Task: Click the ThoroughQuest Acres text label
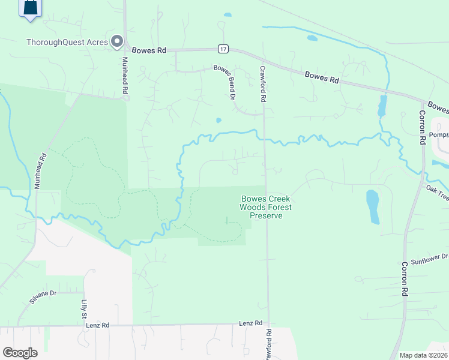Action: click(x=67, y=42)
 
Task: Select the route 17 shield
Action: click(x=223, y=49)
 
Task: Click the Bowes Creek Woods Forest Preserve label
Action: click(x=266, y=207)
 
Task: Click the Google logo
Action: click(x=19, y=352)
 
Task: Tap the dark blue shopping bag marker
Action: click(x=30, y=8)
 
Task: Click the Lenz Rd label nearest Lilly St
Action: click(x=97, y=325)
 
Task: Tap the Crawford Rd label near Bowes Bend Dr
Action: click(x=262, y=85)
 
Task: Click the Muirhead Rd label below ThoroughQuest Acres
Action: click(x=125, y=74)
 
